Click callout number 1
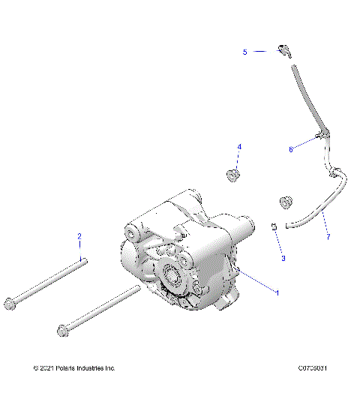point(277,292)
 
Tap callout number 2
point(79,237)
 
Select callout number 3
point(283,258)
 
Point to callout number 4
point(239,146)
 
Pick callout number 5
point(244,52)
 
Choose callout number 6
point(291,149)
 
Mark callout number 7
point(327,237)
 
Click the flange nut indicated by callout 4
point(232,175)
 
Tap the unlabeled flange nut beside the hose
point(285,202)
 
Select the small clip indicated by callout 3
point(274,227)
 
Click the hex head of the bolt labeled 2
point(10,302)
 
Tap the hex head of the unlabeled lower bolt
point(61,329)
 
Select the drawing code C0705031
point(313,368)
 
